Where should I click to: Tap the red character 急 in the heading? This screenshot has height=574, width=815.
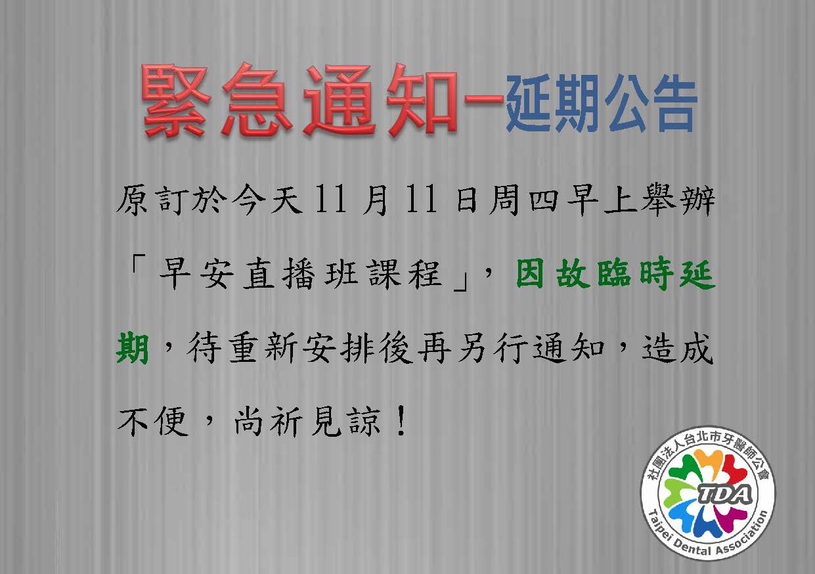tap(257, 99)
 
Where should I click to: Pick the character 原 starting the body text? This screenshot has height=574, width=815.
tap(133, 200)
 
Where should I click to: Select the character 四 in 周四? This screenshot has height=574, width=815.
tap(544, 200)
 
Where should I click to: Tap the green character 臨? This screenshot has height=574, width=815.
tap(614, 274)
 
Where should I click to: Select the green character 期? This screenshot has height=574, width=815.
tap(133, 348)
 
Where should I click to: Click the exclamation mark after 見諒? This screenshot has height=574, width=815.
tap(401, 421)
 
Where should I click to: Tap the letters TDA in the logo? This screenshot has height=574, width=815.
tap(725, 494)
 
